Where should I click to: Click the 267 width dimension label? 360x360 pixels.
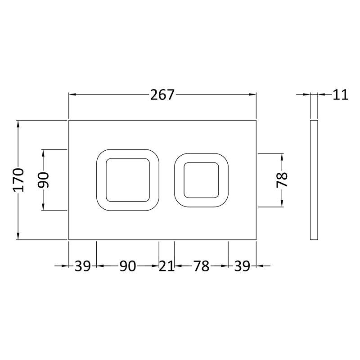162,95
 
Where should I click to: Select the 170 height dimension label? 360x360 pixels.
18,180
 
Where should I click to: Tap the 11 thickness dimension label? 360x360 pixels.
341,94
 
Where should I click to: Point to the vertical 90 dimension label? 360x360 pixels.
43,180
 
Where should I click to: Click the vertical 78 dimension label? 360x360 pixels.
282,180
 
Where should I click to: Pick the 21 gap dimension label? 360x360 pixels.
166,266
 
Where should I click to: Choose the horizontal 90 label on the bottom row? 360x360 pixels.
128,266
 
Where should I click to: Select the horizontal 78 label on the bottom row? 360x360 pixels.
201,266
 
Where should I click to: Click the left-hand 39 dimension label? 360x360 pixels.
83,266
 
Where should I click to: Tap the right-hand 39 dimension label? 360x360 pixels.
242,266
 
